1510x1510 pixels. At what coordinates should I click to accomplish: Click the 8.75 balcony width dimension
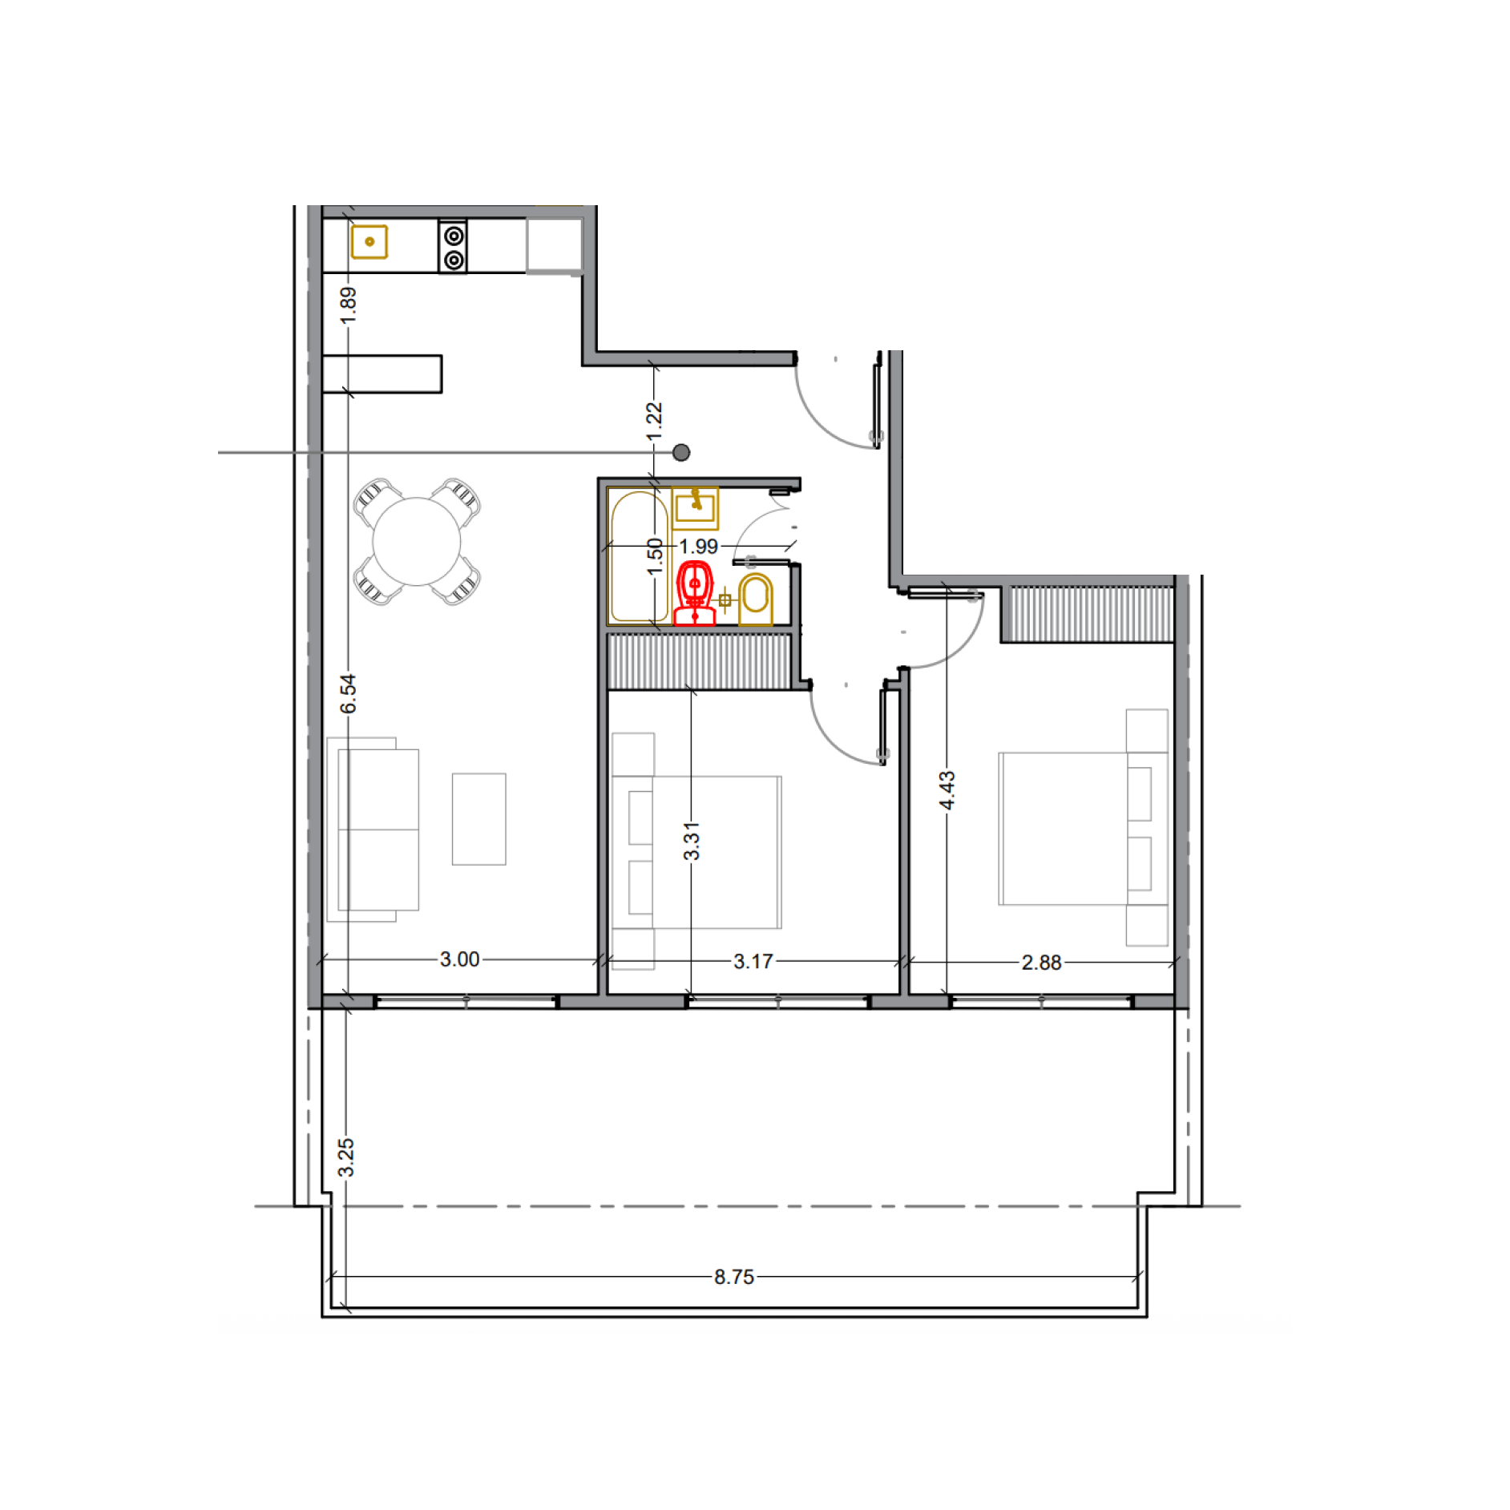734,1277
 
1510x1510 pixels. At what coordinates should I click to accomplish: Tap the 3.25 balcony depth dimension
345,1157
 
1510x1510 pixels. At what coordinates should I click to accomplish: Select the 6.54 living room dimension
348,693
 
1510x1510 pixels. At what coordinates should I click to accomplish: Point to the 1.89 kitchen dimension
348,305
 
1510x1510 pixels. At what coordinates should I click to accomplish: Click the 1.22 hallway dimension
655,421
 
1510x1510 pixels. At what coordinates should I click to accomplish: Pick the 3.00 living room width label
460,959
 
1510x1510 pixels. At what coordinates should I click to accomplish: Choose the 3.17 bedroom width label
753,962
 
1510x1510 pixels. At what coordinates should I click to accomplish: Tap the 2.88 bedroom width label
1041,963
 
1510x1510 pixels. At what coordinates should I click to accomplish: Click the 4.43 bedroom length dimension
947,790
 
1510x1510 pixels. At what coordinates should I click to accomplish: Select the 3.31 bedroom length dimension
692,841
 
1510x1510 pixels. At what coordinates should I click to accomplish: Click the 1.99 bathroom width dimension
699,547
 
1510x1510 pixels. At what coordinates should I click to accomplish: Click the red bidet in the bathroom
694,593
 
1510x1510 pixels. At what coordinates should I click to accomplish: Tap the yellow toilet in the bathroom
755,599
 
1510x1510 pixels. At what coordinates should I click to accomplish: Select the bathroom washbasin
695,508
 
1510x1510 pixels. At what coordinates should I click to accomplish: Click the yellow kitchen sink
369,241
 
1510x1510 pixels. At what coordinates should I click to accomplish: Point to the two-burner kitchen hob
453,246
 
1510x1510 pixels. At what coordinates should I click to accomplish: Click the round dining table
417,542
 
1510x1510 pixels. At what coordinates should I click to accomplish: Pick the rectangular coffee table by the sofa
479,819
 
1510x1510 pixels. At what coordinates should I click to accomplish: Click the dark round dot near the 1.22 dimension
681,453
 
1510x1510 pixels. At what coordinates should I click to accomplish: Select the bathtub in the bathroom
640,556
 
